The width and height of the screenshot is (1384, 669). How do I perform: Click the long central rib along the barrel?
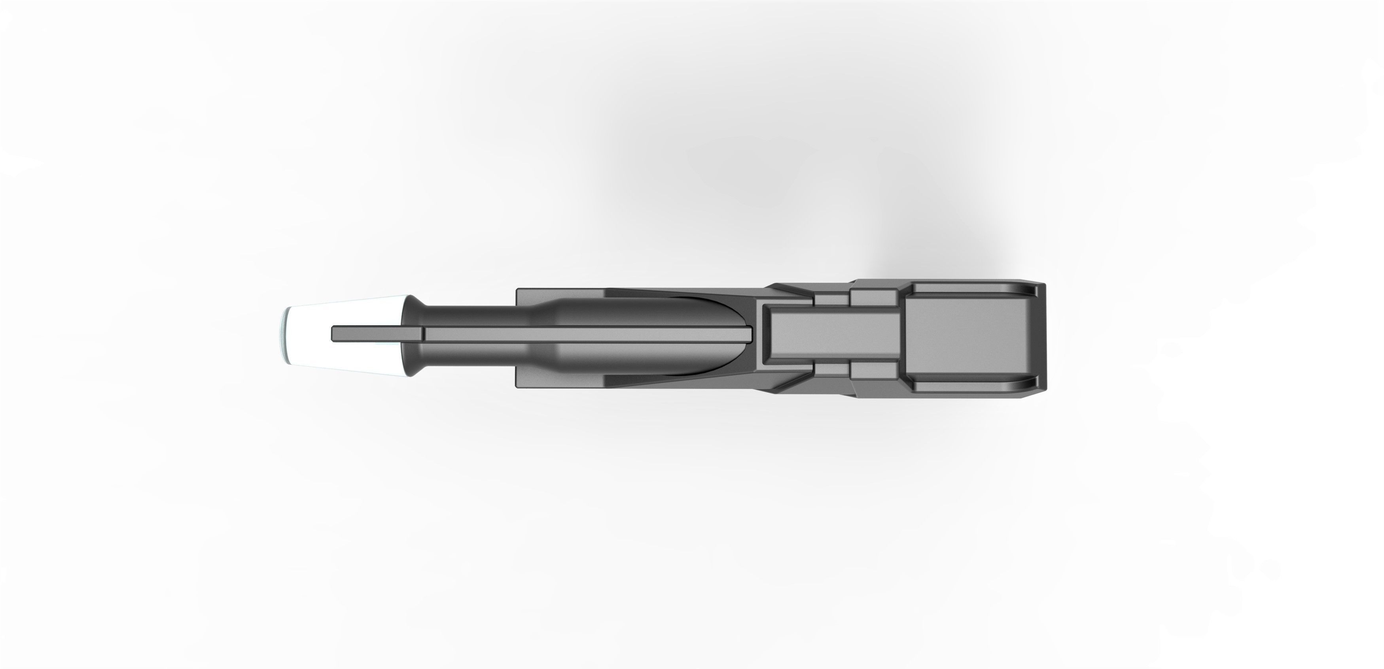[x=591, y=334]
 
